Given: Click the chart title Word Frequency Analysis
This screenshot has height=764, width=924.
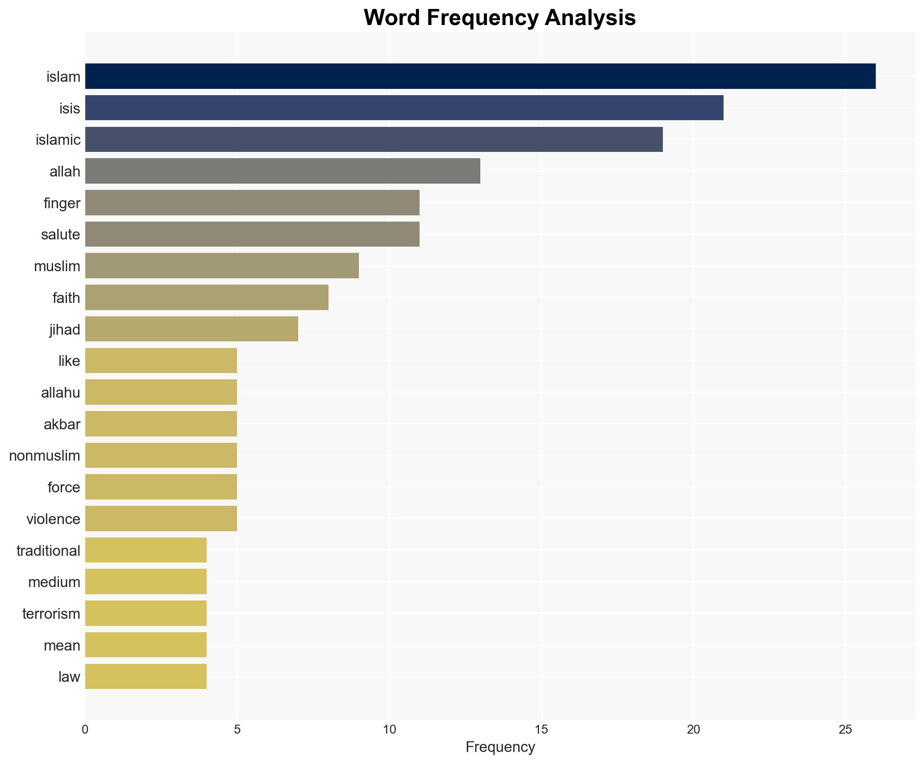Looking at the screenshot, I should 499,18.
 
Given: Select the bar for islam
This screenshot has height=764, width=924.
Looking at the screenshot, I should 480,76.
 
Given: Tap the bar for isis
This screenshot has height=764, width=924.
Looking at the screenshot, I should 404,108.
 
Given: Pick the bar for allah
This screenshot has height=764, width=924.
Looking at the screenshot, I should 283,171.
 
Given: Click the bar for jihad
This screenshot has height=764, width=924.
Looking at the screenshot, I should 191,329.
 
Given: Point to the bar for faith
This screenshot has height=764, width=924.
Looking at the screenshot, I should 207,298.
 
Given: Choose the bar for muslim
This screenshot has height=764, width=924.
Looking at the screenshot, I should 222,266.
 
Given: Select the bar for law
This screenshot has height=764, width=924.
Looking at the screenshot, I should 146,677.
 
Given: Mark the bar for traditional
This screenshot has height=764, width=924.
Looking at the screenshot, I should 146,550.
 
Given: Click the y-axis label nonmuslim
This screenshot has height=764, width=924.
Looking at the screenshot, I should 45,456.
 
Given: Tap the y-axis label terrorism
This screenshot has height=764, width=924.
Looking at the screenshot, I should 51,614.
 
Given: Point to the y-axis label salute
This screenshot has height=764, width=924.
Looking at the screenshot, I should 60,235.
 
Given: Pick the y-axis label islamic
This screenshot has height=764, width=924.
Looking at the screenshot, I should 58,140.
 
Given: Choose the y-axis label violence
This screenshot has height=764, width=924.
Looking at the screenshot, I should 53,519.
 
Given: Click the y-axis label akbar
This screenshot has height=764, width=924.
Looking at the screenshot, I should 62,424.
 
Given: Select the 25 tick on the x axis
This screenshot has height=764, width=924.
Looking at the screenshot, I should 845,730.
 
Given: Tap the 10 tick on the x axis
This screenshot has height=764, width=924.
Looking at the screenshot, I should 389,730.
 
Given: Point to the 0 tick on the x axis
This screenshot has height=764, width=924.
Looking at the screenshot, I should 85,730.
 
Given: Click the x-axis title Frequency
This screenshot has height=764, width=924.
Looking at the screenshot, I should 500,747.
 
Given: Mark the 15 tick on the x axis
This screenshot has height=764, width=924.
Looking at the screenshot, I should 541,730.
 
